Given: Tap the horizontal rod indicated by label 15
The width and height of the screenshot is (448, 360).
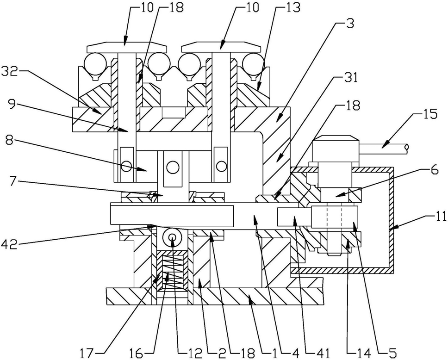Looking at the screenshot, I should pyautogui.click(x=384, y=149).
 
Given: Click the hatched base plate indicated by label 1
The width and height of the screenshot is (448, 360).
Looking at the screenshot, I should pyautogui.click(x=213, y=296).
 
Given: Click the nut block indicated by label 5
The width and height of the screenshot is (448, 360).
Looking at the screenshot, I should pyautogui.click(x=335, y=217).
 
